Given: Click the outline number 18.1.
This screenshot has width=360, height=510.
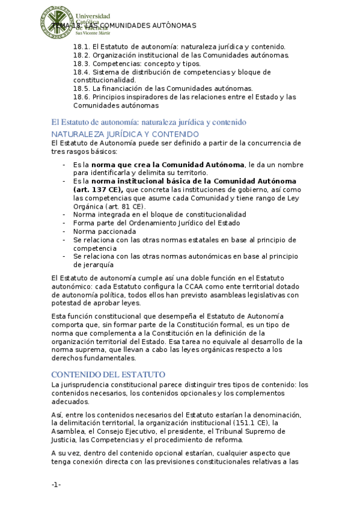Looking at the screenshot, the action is [81, 46].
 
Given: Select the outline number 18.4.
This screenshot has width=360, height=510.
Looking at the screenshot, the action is [81, 72].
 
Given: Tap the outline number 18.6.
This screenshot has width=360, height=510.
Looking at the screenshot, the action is [81, 97].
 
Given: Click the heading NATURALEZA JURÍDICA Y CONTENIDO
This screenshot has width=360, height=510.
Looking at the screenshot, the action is [125, 134].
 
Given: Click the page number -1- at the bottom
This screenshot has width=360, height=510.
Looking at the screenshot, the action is [56, 485].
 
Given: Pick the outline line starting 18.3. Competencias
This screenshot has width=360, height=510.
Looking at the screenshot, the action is [136, 63].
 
